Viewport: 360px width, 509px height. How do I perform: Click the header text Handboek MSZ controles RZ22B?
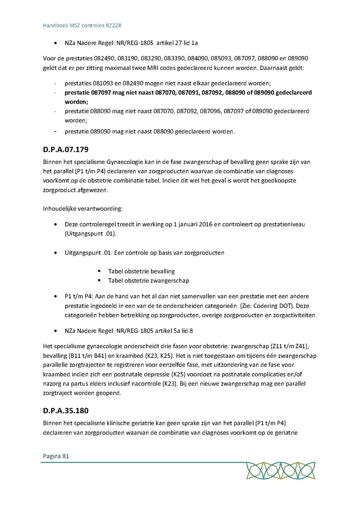tap(82, 26)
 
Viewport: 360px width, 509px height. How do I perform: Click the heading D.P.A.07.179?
tap(66, 150)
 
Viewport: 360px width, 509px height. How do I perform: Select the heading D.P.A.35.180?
tap(66, 411)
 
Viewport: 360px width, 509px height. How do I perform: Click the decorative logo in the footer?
tap(280, 471)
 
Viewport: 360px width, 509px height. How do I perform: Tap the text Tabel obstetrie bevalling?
tap(141, 271)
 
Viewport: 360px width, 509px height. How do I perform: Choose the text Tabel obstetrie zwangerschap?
tap(148, 281)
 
